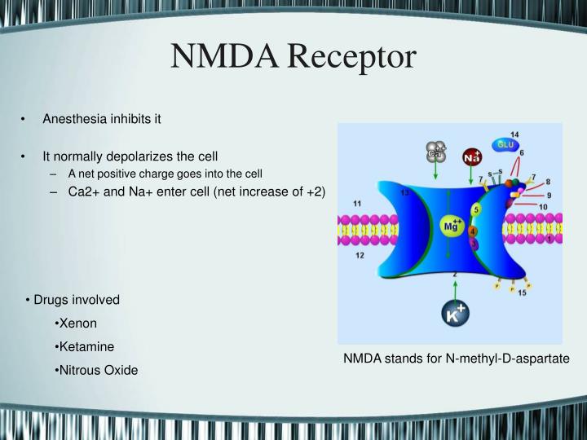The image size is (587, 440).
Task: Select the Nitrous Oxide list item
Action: (96, 370)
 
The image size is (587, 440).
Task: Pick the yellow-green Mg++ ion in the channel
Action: (452, 227)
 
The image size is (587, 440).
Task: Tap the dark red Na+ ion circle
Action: (472, 156)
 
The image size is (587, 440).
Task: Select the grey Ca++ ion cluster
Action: (435, 152)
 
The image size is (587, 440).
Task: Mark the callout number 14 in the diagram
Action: (514, 134)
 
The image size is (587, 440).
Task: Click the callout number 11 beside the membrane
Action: (357, 202)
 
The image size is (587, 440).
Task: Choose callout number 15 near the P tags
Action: (522, 293)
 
